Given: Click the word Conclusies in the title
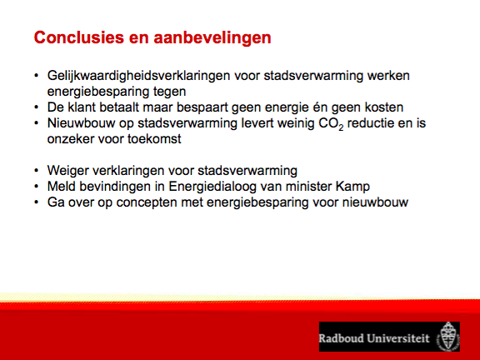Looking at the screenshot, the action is pos(79,37).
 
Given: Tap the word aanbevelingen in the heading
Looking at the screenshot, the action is pos(212,38).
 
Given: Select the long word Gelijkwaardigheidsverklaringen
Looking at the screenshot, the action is pos(138,76).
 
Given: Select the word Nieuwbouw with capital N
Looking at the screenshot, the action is pos(81,123).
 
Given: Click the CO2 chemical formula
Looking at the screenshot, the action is pos(331,124).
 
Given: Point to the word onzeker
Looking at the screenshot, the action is pos(70,139).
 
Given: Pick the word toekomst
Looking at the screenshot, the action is pos(154,139).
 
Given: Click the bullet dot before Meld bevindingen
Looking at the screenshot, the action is pos(37,187).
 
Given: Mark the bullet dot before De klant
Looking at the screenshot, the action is pos(37,107).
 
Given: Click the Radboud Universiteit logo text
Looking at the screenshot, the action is pos(374,338).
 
